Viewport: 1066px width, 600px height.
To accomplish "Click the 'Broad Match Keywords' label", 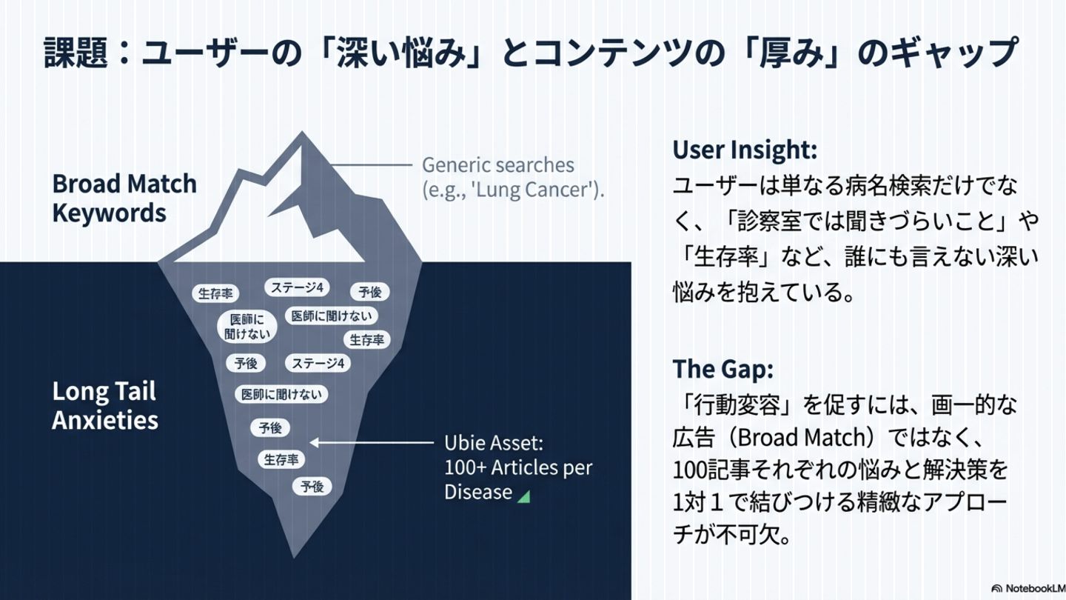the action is click(124, 198).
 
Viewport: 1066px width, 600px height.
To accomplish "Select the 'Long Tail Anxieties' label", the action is click(104, 405).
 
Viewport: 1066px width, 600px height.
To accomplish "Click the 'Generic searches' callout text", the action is click(498, 164).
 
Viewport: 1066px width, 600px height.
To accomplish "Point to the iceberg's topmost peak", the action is click(302, 135).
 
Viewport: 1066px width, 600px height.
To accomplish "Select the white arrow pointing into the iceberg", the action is click(370, 443).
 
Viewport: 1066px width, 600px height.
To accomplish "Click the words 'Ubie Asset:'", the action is click(494, 443).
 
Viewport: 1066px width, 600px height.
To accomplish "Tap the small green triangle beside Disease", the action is click(524, 496).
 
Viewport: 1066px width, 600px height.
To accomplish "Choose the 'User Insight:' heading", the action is click(745, 150).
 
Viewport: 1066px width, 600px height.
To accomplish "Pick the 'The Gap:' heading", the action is click(723, 368).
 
